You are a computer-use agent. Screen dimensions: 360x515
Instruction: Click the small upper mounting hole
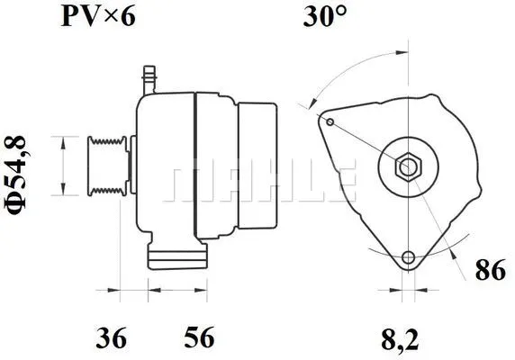[331, 121]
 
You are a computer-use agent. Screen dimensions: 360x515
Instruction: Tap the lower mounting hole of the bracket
[410, 257]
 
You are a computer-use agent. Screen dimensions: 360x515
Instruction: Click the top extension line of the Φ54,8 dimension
[72, 138]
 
